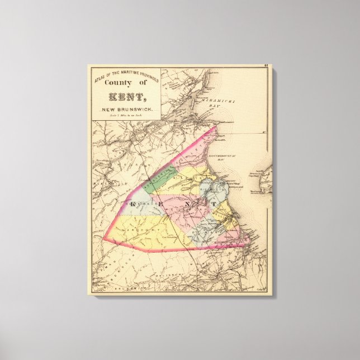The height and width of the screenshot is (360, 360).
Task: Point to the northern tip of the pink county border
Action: (216, 127)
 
